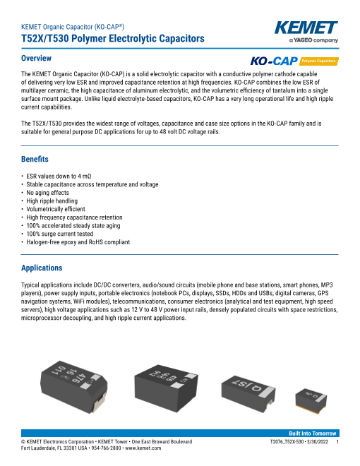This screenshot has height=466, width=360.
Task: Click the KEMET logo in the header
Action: coord(306,28)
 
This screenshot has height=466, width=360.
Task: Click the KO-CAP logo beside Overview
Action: coord(274,61)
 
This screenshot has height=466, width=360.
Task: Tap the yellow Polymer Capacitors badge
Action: coord(319,61)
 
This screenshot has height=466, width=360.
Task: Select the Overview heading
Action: coord(36,58)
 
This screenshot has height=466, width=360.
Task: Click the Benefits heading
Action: coord(35,159)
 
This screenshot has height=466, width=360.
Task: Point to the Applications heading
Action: coord(42,268)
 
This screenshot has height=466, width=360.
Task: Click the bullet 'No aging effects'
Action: coord(47,193)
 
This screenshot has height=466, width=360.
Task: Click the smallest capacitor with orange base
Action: coord(311,401)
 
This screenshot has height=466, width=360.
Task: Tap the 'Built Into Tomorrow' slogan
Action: coord(313,434)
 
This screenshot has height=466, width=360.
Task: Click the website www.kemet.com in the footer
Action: coord(143,448)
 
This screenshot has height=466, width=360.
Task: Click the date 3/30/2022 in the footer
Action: coord(318,441)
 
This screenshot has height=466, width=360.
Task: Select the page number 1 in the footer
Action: coord(337,441)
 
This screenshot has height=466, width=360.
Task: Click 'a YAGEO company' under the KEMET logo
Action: coord(313,40)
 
